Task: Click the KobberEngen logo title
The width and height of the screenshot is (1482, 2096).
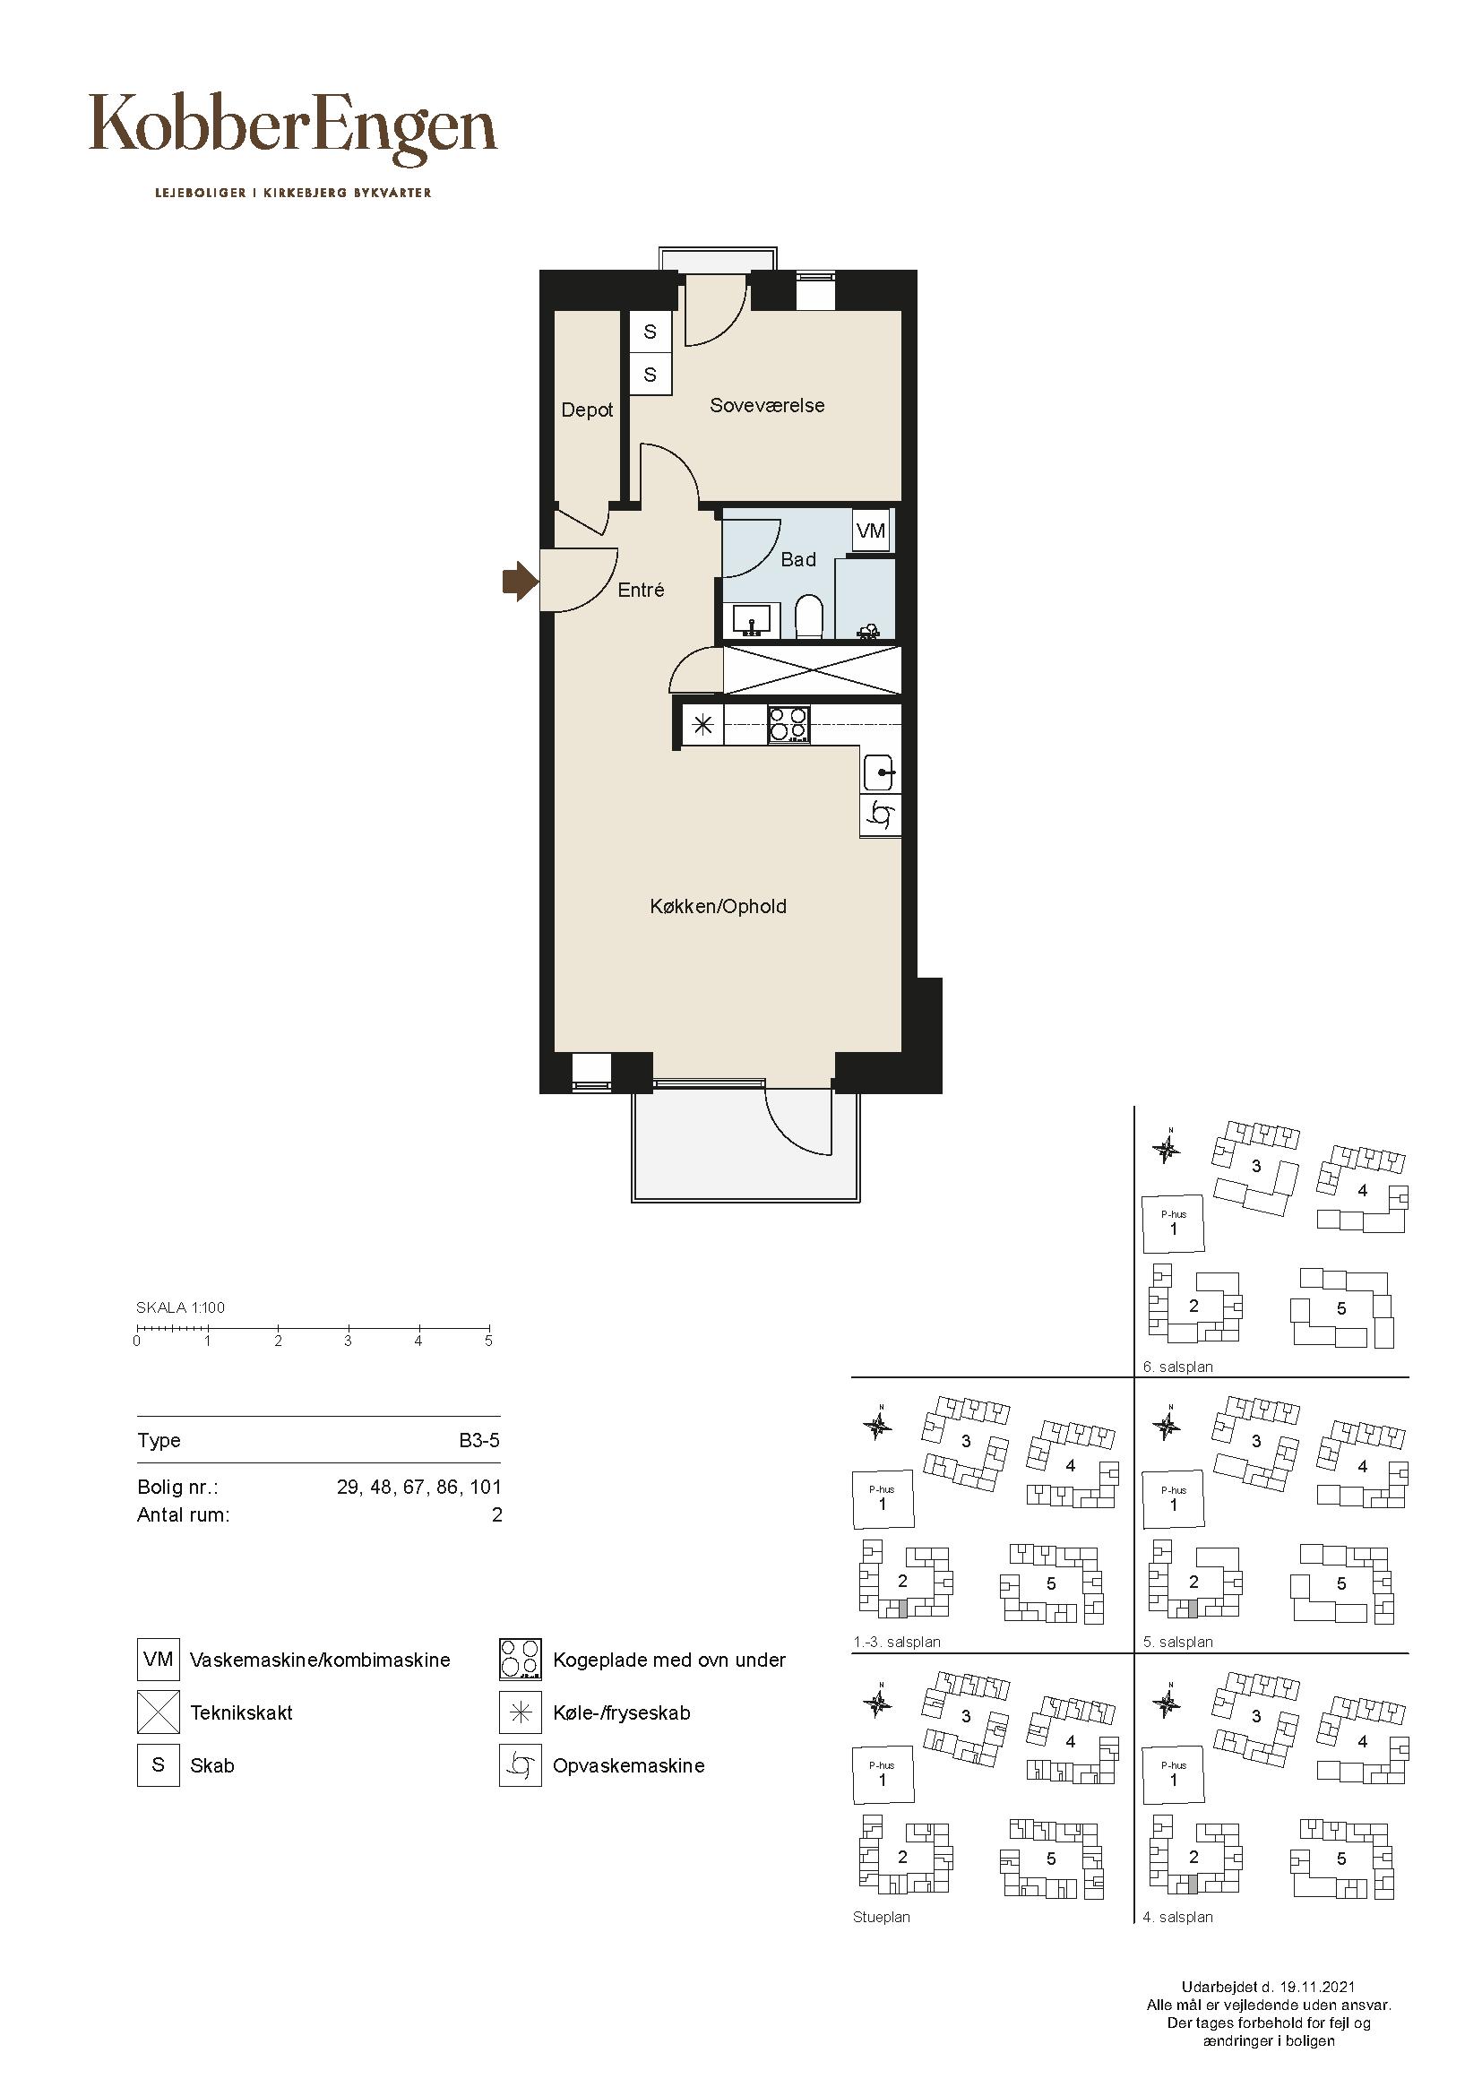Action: point(293,129)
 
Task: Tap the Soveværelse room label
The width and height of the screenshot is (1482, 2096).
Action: point(768,405)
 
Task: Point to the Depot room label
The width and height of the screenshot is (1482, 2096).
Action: point(588,410)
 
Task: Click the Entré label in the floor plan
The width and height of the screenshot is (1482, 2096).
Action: point(641,590)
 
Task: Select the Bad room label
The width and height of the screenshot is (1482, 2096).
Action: point(798,559)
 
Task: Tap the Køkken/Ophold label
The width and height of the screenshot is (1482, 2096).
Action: point(719,907)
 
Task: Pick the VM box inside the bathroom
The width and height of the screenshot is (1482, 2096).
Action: point(871,530)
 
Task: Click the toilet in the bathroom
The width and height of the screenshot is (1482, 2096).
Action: point(808,618)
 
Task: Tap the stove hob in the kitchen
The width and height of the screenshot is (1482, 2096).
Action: point(789,727)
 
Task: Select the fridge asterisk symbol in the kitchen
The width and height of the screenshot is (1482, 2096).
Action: point(702,727)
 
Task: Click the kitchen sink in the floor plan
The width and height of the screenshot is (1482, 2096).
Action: point(881,773)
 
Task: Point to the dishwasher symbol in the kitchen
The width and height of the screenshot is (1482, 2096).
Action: point(881,815)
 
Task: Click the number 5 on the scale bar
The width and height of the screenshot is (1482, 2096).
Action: point(488,1341)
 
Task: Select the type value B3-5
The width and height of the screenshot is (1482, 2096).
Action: point(479,1441)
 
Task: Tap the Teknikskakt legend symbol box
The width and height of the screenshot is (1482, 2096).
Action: point(159,1712)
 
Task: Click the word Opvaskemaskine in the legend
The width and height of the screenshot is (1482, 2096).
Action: point(629,1765)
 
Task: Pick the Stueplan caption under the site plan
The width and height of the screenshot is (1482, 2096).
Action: point(882,1917)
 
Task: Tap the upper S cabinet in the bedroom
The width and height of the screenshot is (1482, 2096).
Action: point(650,332)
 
